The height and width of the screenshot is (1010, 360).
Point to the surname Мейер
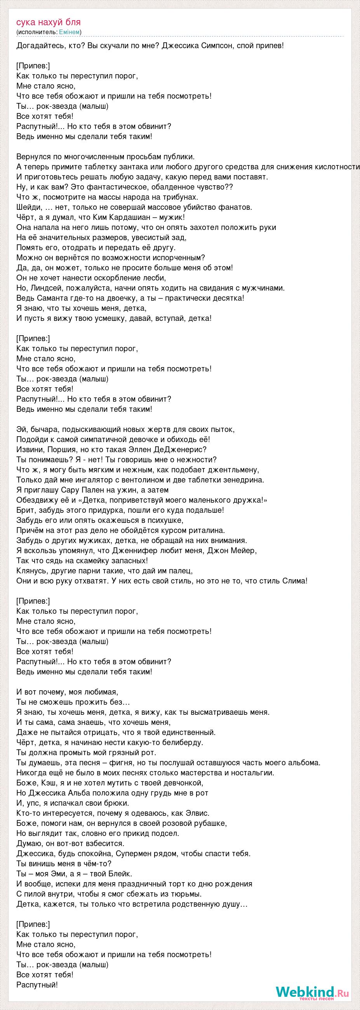pos(247,551)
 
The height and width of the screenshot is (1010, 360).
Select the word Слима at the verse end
pos(295,581)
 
